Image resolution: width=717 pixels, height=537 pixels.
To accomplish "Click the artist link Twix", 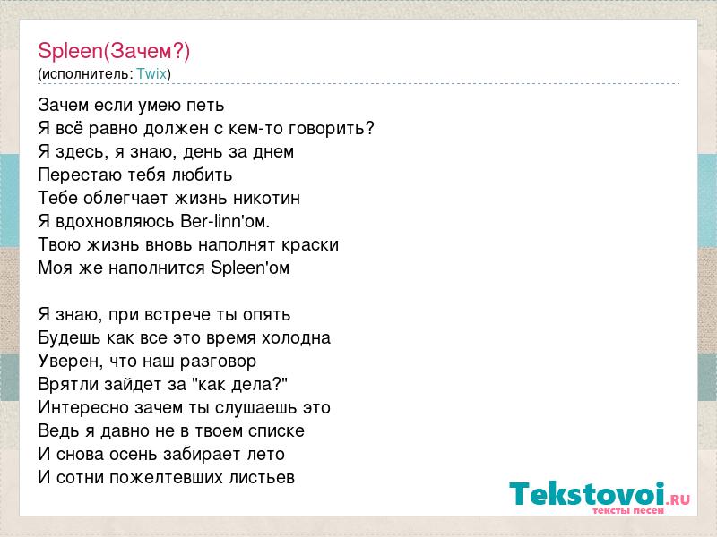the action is click(x=151, y=73).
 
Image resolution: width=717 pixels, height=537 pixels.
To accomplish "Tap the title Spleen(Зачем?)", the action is click(x=114, y=51).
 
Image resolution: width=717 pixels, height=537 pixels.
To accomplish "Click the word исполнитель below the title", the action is click(x=86, y=74).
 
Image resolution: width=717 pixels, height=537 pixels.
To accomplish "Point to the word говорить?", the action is click(x=332, y=129).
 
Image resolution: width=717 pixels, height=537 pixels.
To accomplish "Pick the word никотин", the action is click(x=266, y=198).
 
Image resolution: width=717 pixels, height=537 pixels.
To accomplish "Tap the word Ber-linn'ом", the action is click(x=226, y=221).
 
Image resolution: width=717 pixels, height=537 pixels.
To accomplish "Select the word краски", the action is click(x=310, y=245).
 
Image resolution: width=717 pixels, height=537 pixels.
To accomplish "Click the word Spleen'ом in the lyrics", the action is click(x=250, y=268).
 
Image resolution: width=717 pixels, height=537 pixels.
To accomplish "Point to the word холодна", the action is click(x=296, y=338).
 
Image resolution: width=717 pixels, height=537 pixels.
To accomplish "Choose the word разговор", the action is click(x=218, y=362).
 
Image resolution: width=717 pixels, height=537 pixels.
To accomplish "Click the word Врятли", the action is click(x=68, y=385).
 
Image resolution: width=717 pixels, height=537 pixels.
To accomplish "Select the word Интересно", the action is click(x=85, y=408).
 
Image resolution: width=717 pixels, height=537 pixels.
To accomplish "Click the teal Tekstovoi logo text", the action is click(x=587, y=493).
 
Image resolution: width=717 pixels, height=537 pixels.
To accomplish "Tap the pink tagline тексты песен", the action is click(x=628, y=510).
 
